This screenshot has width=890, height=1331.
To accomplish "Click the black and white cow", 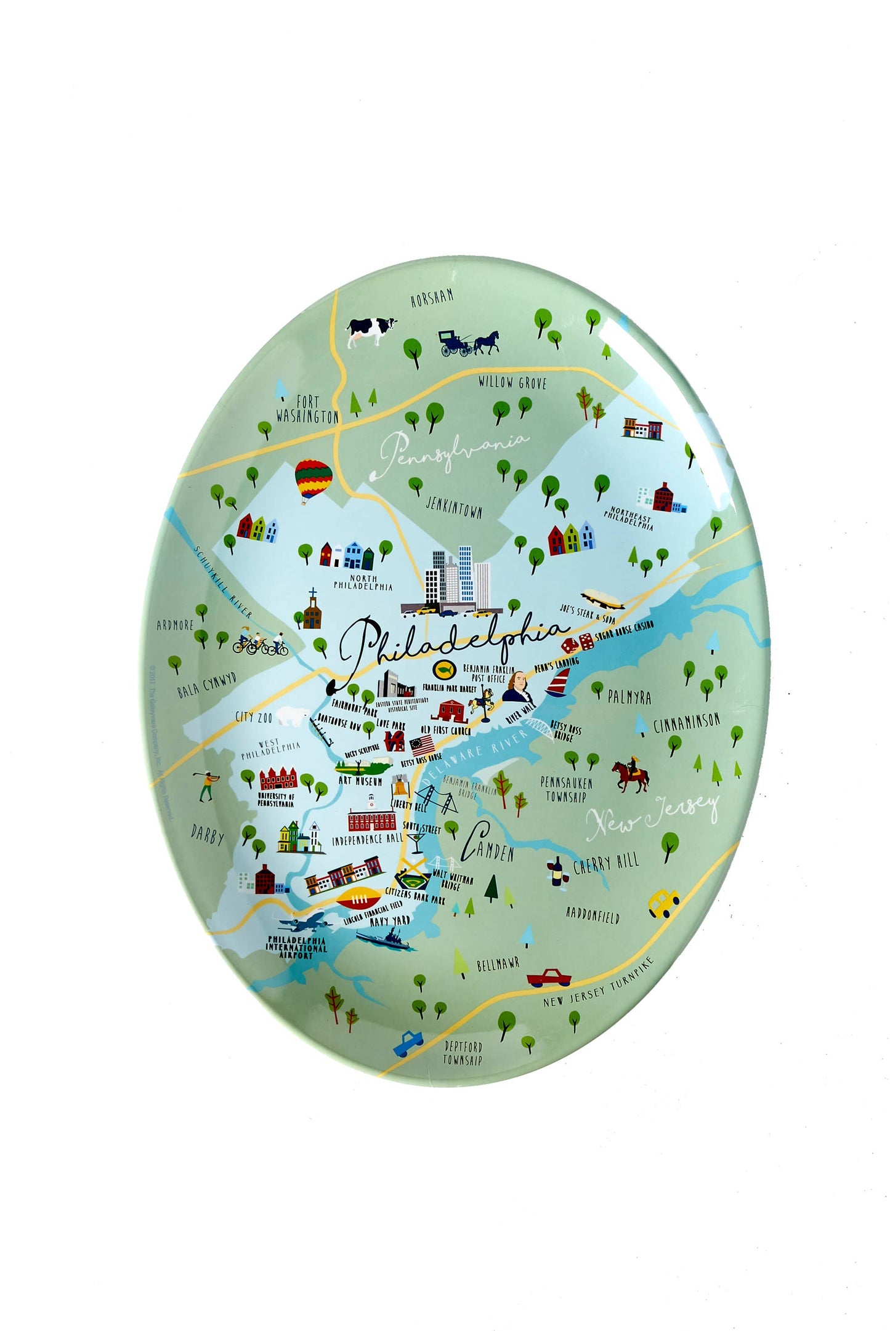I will coord(371,331).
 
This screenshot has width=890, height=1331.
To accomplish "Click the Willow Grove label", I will coord(512,382).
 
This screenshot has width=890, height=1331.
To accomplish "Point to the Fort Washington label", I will coord(307,409).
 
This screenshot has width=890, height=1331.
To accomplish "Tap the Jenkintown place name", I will coord(455,507).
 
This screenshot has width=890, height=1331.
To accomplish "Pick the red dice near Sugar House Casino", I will coord(577,643).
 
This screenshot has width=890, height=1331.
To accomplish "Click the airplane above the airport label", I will coord(305,923).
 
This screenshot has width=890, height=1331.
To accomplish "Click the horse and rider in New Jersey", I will coord(630,776).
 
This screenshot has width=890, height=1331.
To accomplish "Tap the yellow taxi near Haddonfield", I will coord(663,903).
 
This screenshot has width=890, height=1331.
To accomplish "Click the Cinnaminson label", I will coord(686,723).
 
